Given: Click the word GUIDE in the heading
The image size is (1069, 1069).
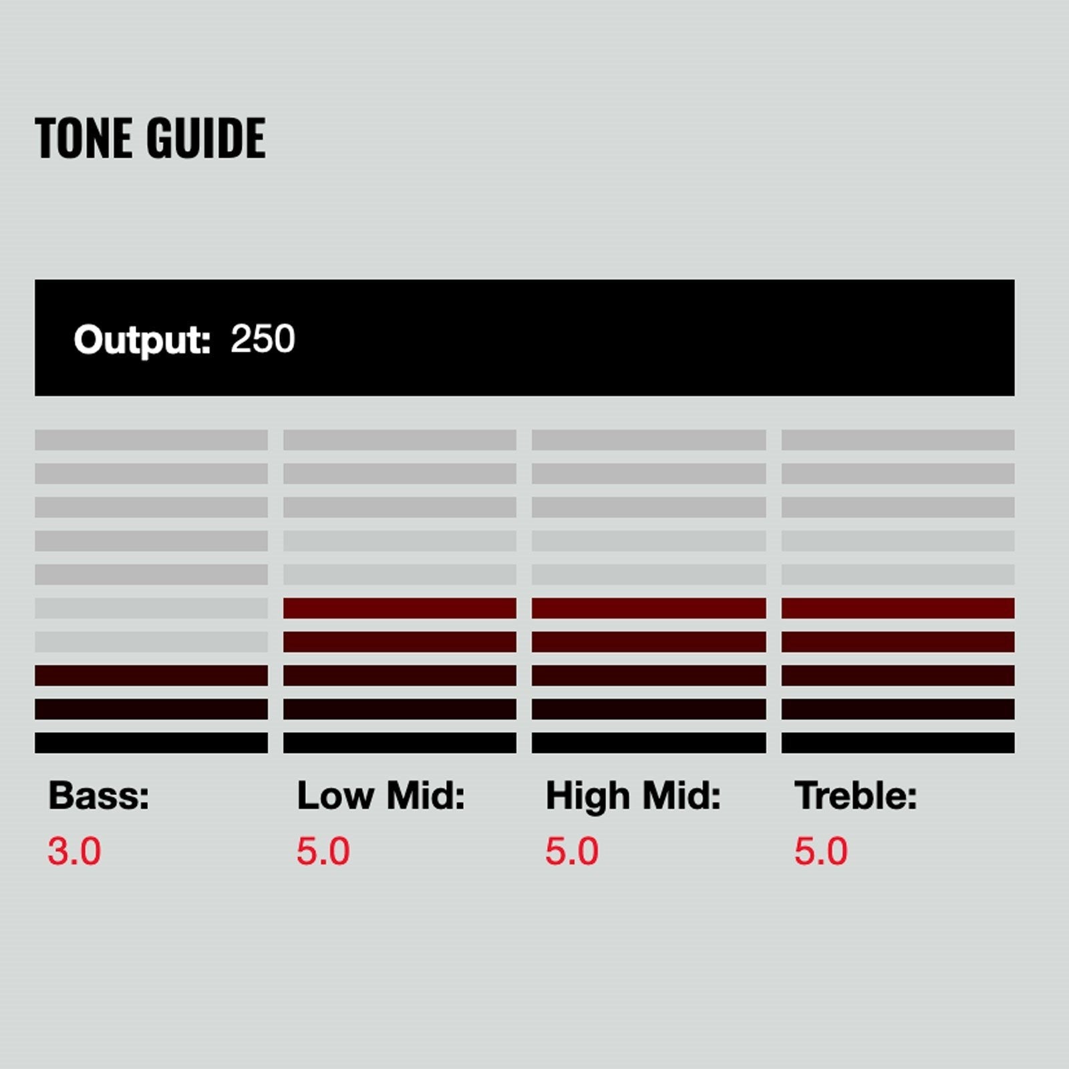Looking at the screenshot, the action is (x=206, y=138).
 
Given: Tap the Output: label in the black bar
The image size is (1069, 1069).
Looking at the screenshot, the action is (x=142, y=340).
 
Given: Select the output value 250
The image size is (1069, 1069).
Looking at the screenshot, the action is (x=263, y=339).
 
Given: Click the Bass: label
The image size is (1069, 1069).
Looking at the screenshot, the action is (x=99, y=795).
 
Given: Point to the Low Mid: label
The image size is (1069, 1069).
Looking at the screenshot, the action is (x=381, y=795).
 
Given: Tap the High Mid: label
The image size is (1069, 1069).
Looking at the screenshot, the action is (x=633, y=795).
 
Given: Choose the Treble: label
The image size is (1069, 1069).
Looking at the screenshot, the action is (x=856, y=795).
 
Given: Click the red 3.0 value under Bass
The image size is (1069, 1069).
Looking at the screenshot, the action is (x=74, y=851).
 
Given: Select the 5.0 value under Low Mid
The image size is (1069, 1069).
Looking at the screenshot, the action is (x=323, y=851).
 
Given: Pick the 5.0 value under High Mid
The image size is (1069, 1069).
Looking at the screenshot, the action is (x=572, y=851).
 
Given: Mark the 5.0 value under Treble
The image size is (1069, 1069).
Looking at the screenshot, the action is (x=821, y=851).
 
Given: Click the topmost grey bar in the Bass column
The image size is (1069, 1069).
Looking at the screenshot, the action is (x=151, y=440).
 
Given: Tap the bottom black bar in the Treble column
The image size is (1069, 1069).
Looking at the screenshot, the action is (x=898, y=743).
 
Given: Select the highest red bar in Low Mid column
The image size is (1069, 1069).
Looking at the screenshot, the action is (x=400, y=608).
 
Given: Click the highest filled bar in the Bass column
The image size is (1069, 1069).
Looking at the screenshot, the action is (x=151, y=675).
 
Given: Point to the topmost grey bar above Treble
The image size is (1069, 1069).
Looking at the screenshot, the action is (x=898, y=440).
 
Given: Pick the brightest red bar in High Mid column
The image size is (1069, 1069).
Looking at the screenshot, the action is (x=649, y=608).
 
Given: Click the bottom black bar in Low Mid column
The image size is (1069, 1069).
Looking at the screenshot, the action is (x=400, y=743).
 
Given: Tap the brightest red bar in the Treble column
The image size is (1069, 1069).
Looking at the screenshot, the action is (x=898, y=608).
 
